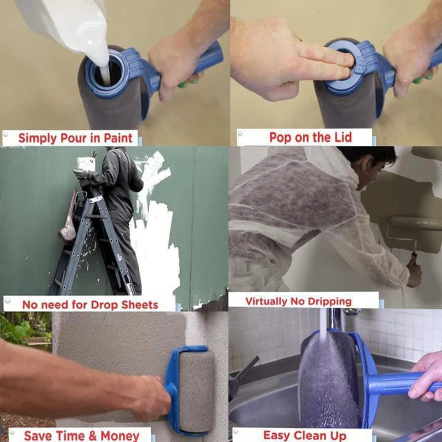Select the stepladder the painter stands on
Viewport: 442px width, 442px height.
click(94, 243)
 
